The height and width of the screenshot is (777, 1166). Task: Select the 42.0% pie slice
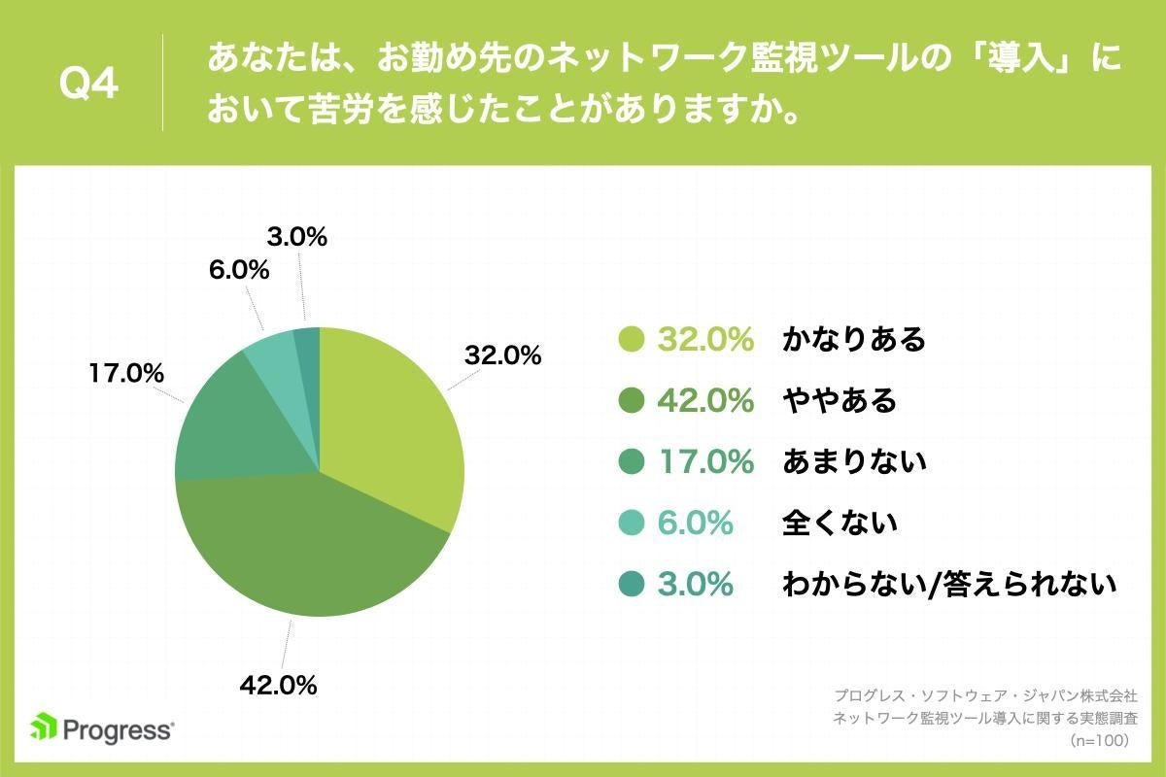[x=311, y=554]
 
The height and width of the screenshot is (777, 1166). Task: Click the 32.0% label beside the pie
[x=502, y=355]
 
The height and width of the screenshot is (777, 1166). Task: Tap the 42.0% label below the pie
[x=279, y=685]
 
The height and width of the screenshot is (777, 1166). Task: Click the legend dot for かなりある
[x=632, y=339]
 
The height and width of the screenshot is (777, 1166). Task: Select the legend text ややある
[x=840, y=400]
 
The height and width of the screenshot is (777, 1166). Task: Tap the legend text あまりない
[x=854, y=461]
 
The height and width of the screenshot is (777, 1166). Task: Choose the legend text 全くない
[x=840, y=523]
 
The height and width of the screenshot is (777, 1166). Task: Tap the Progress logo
[x=102, y=728]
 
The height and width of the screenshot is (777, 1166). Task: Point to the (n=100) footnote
[x=1097, y=740]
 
